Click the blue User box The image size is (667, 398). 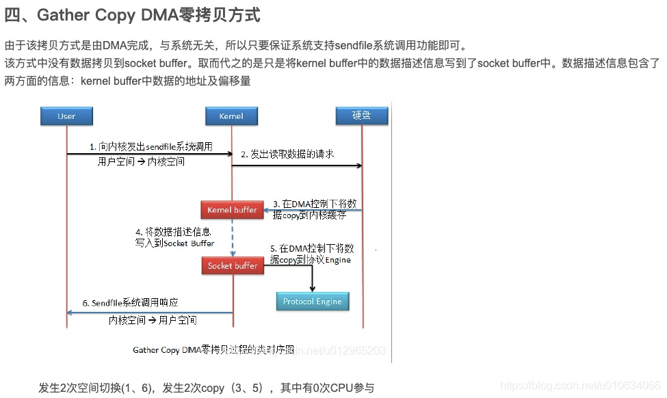pos(66,116)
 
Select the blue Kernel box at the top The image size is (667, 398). pos(231,116)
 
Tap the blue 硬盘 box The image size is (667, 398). pos(362,116)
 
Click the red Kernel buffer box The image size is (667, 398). pos(232,210)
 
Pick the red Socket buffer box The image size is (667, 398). pos(233,265)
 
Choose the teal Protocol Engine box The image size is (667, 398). pos(313,302)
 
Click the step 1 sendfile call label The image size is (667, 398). pos(151,146)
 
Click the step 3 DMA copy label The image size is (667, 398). pos(315,209)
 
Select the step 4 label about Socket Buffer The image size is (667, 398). pos(174,237)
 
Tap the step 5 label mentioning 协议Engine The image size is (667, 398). pos(311,254)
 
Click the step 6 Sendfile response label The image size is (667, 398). pos(135,302)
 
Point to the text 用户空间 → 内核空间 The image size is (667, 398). pos(142,162)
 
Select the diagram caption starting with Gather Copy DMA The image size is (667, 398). pos(213,349)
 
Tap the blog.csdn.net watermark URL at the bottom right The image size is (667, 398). pos(580,386)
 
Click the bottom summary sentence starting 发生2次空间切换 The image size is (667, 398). pos(206,388)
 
